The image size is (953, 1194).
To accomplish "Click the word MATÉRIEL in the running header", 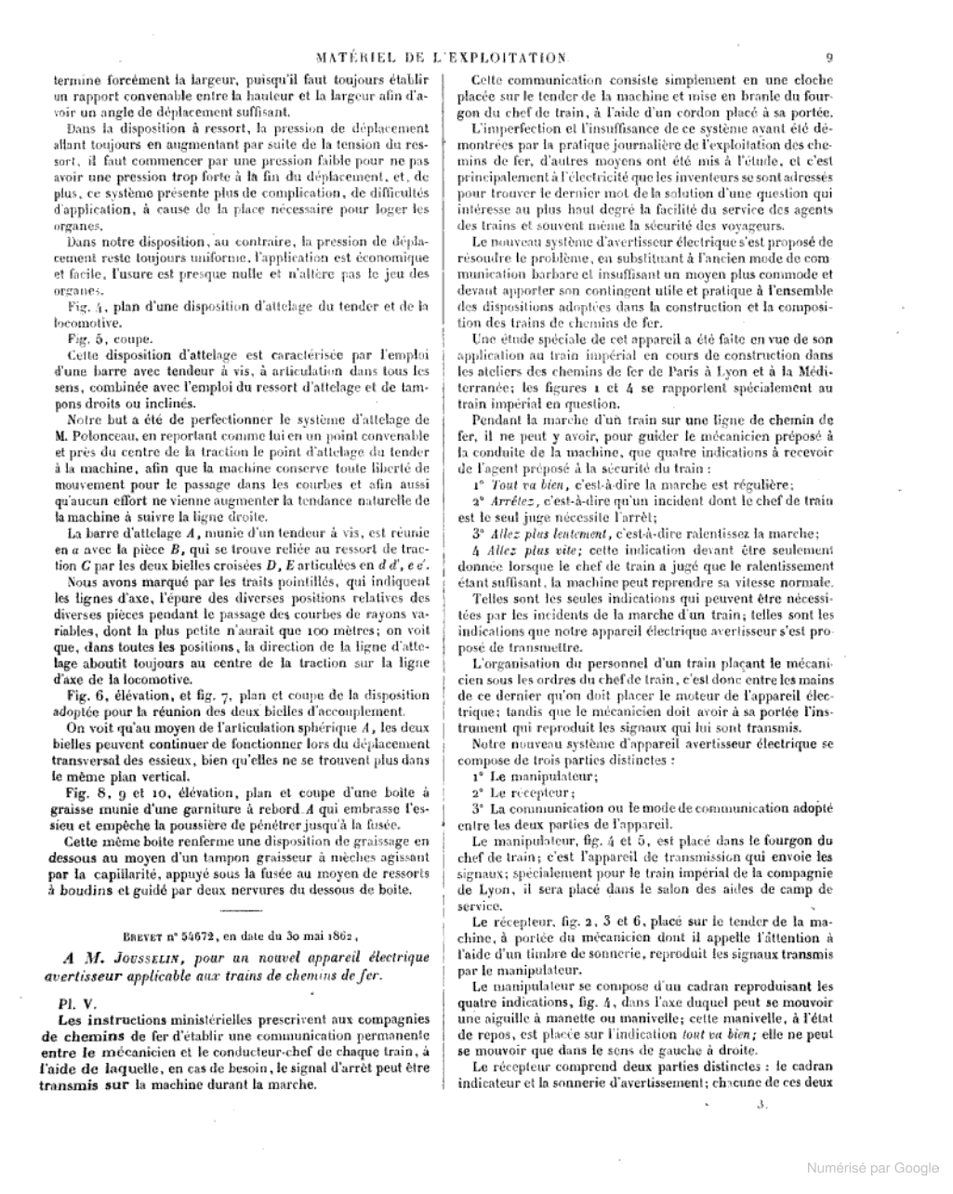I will point(356,58).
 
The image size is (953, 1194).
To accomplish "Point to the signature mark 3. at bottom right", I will point(760,1106).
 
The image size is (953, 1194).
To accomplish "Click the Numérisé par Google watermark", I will point(871,1168).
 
